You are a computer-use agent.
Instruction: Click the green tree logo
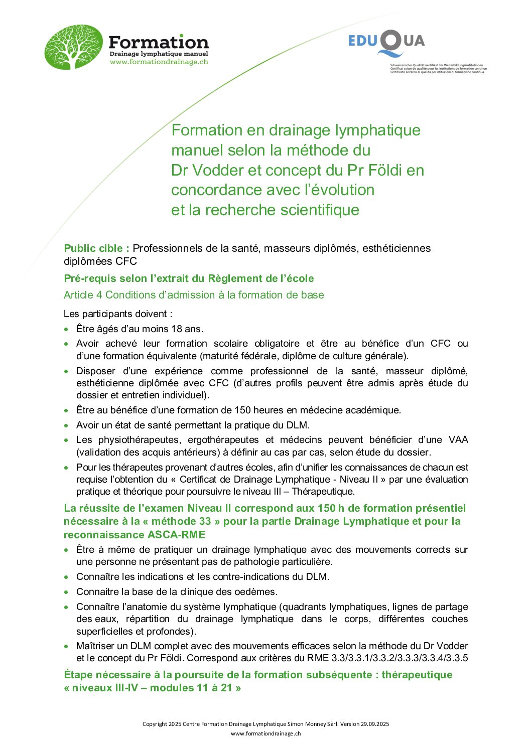pos(73,47)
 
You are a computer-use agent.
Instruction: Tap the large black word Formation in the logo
pos(158,42)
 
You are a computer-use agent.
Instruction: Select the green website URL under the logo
pos(159,62)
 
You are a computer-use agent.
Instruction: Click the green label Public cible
pos(96,248)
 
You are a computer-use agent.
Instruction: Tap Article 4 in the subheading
pos(83,295)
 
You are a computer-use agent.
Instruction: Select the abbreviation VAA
pos(458,440)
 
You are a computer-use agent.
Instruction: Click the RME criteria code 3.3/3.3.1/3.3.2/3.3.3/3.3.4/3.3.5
pos(400,658)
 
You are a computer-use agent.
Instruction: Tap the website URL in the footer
pos(265,733)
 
